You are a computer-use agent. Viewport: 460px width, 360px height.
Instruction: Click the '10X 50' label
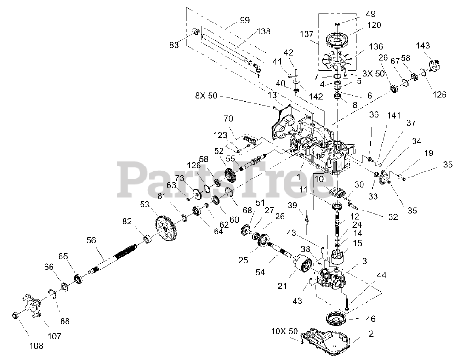tap(284, 331)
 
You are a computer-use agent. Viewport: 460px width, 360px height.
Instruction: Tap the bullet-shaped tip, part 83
tap(196, 31)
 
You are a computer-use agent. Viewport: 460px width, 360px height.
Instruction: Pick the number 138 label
tap(263, 32)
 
